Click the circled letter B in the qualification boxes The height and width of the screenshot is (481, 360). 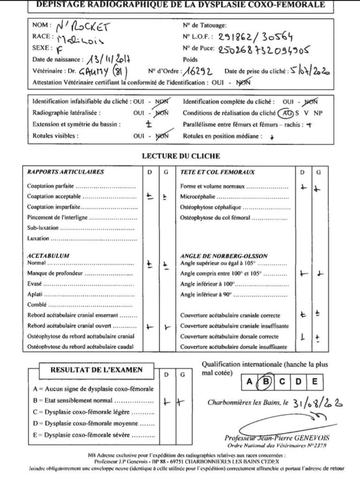pos(266,381)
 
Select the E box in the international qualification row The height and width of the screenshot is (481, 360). pos(314,381)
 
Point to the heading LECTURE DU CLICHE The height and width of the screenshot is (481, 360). pos(180,156)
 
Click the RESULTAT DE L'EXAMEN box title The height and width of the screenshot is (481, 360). pos(96,370)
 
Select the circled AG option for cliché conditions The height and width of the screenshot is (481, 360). pos(284,113)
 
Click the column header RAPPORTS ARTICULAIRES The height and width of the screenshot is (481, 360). pos(66,172)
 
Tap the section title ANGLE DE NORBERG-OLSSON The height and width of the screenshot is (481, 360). pos(224,256)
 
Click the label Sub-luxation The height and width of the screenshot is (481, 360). pos(43,228)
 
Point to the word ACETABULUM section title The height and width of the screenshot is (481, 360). pos(48,256)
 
